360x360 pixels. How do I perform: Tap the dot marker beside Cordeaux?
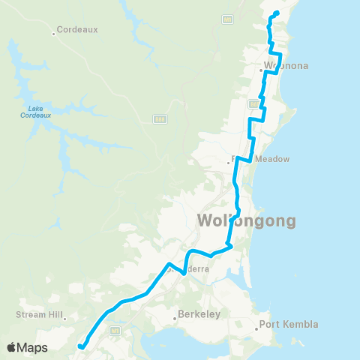click(55, 33)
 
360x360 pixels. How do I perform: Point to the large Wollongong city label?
click(247, 221)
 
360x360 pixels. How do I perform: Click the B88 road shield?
click(160, 118)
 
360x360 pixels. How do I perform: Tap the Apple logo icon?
click(13, 347)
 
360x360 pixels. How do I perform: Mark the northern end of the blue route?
click(277, 13)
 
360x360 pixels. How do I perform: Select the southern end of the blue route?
click(79, 346)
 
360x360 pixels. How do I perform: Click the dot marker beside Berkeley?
click(175, 317)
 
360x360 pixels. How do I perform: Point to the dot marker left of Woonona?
click(261, 70)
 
